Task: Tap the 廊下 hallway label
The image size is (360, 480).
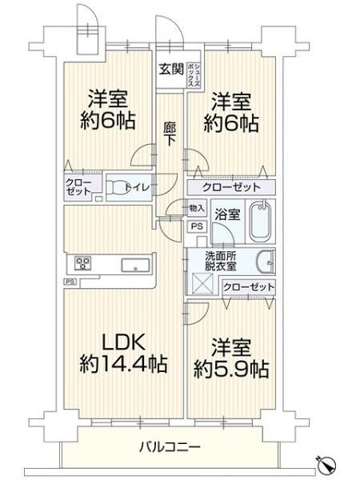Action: click(170, 132)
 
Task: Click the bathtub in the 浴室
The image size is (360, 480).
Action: click(261, 222)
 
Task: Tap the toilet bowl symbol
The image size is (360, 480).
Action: click(120, 187)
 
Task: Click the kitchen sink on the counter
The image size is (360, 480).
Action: click(133, 263)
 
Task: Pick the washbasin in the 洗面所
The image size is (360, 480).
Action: click(267, 260)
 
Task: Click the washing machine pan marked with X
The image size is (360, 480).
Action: click(200, 282)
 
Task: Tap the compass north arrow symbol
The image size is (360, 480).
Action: click(326, 463)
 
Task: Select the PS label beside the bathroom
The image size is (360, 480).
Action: click(197, 226)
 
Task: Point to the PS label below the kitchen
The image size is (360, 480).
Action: click(70, 281)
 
